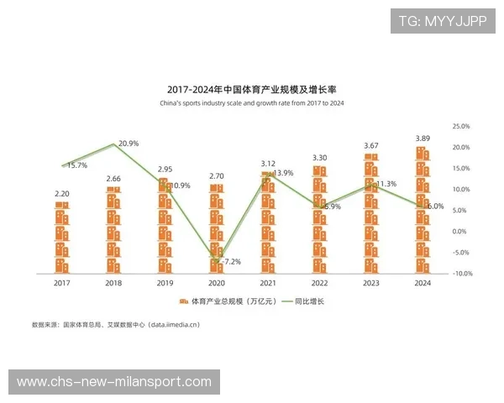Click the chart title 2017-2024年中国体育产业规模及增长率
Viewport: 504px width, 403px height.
[x=252, y=89]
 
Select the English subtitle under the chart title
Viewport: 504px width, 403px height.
[x=252, y=103]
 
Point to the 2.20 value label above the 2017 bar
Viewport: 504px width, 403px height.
[x=62, y=193]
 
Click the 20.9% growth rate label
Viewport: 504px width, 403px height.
[x=129, y=144]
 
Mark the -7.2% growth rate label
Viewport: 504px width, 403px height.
[x=230, y=262]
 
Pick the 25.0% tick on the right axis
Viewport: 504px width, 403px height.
[x=460, y=126]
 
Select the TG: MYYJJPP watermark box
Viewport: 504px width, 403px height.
[x=443, y=21]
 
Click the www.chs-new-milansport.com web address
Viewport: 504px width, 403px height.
[x=114, y=382]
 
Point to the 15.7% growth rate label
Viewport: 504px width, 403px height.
[x=76, y=165]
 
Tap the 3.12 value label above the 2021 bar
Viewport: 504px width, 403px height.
[x=268, y=164]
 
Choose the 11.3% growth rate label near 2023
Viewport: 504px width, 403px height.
[x=386, y=184]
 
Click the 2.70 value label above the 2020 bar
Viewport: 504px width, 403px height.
[x=217, y=176]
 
